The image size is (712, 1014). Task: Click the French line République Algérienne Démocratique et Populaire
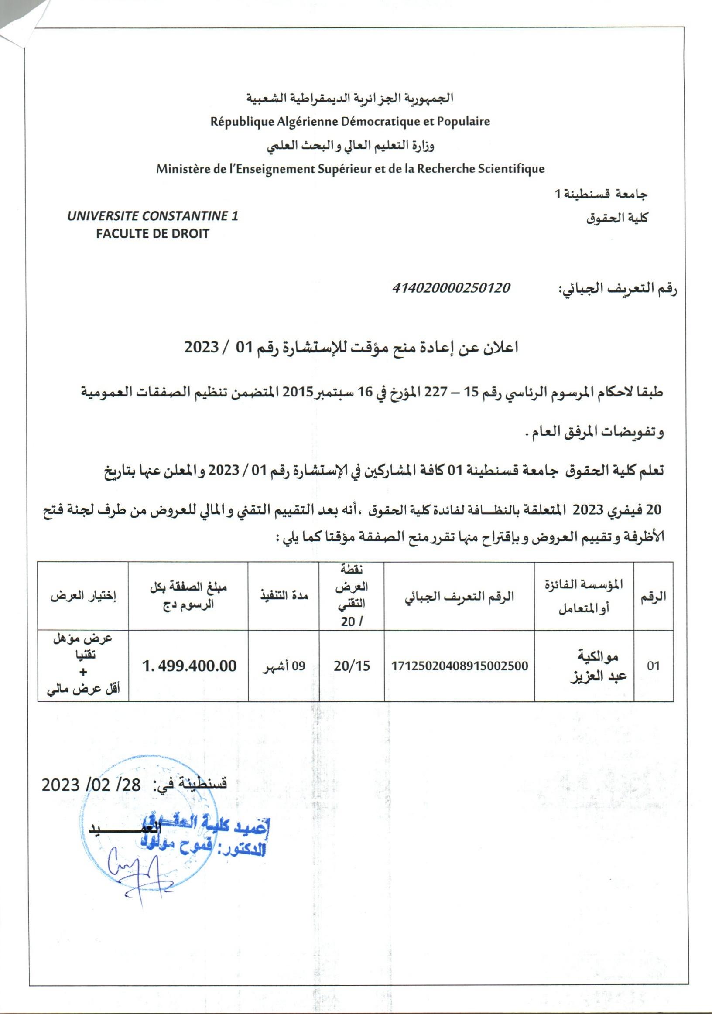tap(350, 121)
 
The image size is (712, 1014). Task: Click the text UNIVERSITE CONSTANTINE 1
tap(152, 216)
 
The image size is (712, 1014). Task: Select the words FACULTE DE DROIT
tap(152, 234)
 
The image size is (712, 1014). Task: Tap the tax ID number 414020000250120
tap(451, 288)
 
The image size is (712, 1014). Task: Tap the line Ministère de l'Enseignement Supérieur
tap(350, 169)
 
